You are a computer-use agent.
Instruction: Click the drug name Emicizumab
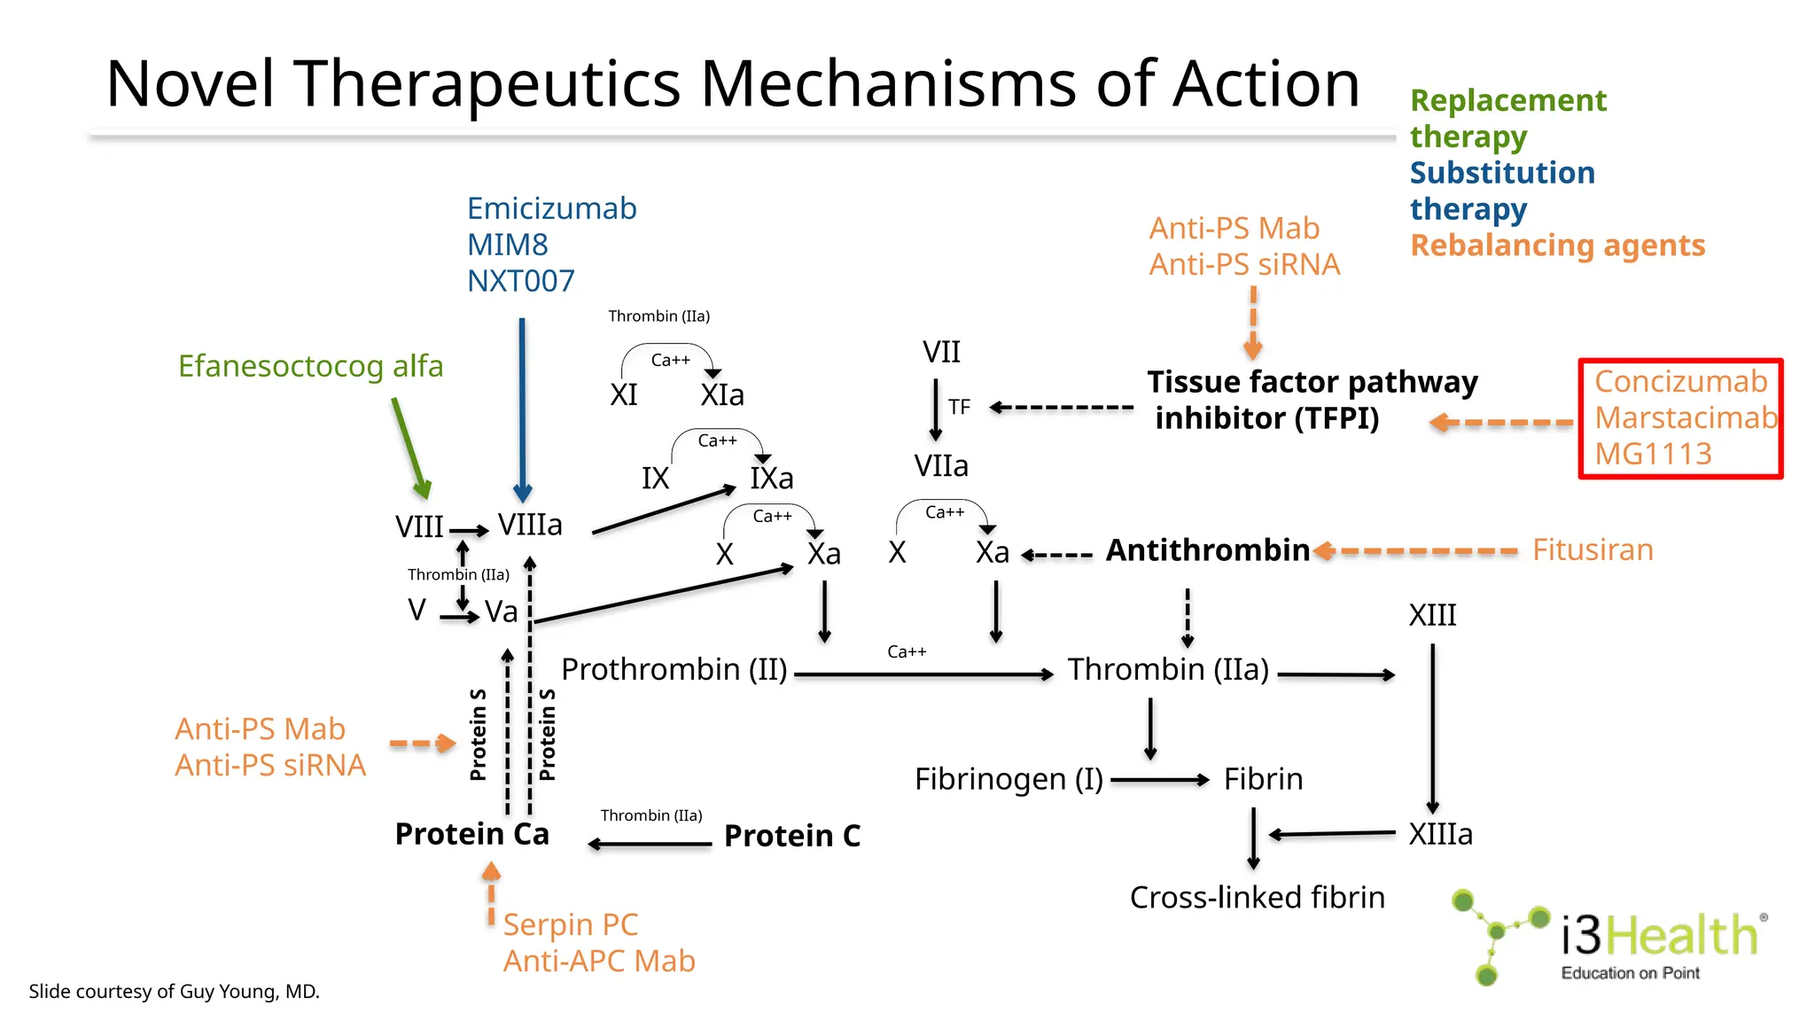[551, 209]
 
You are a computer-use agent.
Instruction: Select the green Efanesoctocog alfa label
[310, 366]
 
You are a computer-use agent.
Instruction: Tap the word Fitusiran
[1593, 549]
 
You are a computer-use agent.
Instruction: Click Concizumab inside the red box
[1680, 382]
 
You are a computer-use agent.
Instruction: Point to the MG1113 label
[1653, 454]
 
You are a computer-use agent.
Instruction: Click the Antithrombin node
[1207, 550]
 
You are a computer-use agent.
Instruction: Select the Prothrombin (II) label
[674, 669]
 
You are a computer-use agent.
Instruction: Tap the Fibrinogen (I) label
[1009, 779]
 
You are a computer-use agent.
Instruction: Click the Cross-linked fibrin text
[1257, 897]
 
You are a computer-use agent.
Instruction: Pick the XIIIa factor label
[1440, 834]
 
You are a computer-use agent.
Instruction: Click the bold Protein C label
[792, 836]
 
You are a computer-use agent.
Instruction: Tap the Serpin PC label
[570, 924]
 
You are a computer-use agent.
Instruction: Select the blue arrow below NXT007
[522, 408]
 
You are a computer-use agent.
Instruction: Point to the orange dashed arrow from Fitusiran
[1418, 551]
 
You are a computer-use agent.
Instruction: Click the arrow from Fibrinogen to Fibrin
[1159, 780]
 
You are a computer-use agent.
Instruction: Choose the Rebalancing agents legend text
[1557, 246]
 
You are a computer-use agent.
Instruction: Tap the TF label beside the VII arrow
[959, 407]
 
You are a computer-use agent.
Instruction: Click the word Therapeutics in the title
[487, 83]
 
